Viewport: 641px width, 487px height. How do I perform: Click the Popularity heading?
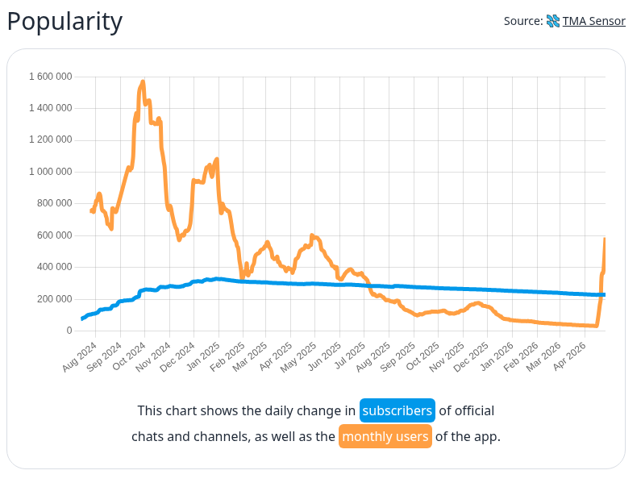tap(65, 22)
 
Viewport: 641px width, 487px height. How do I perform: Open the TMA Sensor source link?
tap(595, 21)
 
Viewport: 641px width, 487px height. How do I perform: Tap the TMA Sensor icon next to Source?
tap(553, 21)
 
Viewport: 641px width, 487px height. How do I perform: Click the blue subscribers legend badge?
tap(397, 410)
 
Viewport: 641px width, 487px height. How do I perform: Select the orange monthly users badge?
tap(385, 437)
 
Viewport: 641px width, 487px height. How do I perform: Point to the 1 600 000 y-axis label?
tap(50, 77)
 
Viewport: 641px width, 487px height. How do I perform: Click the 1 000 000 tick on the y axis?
tap(50, 172)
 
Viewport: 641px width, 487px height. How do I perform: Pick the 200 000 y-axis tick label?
tap(55, 299)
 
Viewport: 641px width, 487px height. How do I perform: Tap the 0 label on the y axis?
tap(69, 331)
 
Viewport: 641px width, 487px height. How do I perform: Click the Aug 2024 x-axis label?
tap(80, 355)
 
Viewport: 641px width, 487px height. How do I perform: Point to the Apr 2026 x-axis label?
tap(572, 355)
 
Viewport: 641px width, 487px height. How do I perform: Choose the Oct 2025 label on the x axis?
tap(424, 355)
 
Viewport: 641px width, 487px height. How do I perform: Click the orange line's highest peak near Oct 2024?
tap(143, 81)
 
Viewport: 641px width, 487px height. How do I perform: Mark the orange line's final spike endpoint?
tap(605, 239)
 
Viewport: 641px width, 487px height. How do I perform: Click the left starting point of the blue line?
tap(82, 319)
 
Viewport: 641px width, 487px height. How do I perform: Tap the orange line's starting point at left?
tap(91, 210)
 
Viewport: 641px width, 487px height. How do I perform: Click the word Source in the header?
tap(522, 21)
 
